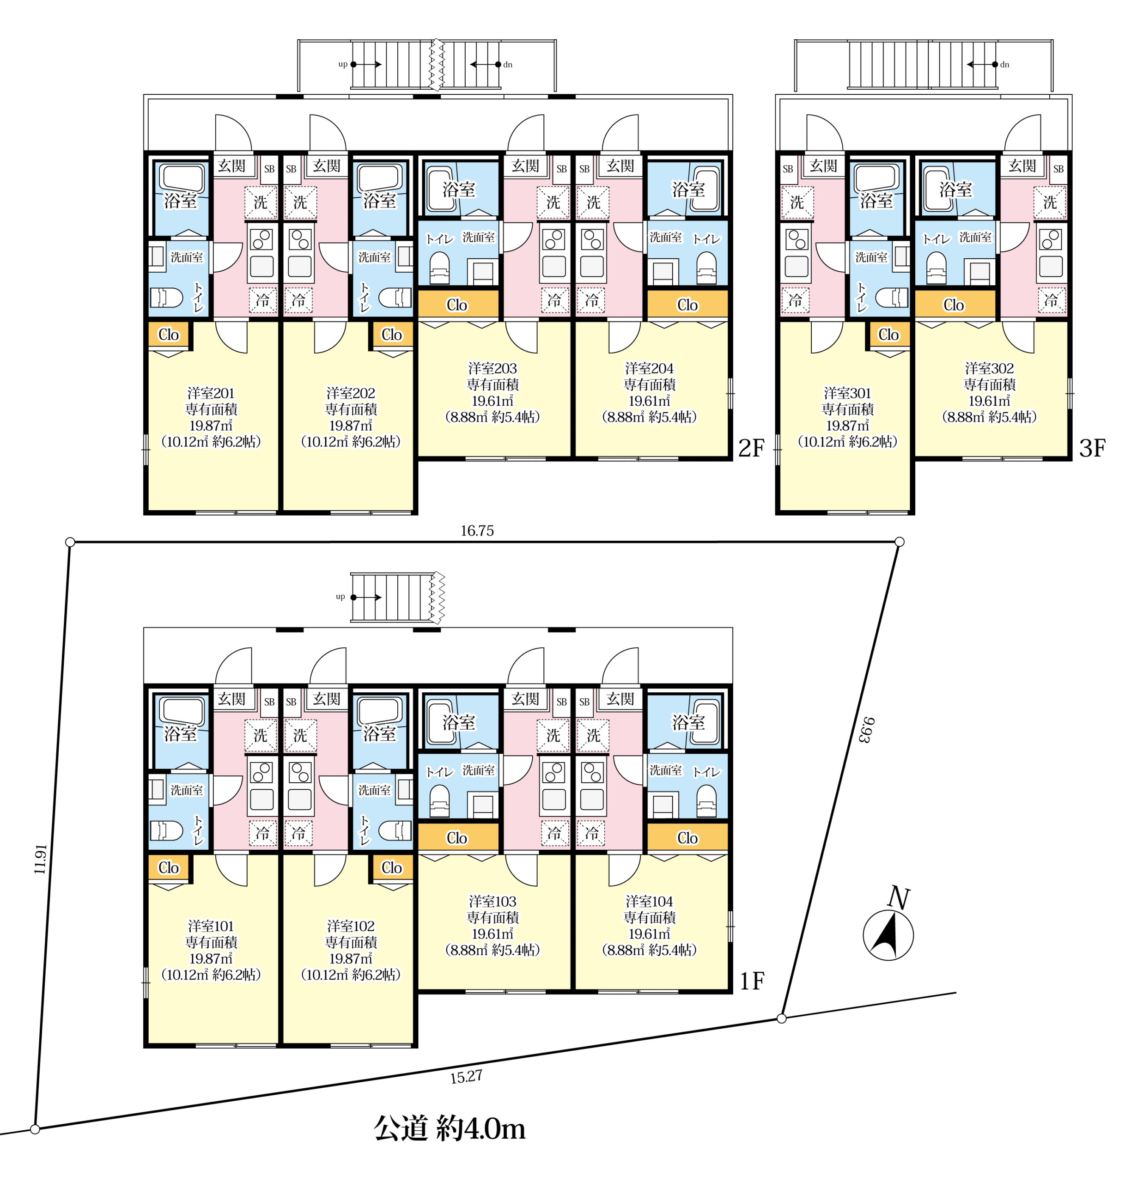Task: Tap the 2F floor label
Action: coord(751,448)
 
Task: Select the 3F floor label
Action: coord(1092,448)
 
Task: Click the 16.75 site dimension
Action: coord(477,531)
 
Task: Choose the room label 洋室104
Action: coord(649,902)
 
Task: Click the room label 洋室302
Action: coord(989,368)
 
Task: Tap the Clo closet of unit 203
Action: coord(457,305)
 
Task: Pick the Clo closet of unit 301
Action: coord(888,335)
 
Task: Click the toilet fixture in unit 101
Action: coord(166,831)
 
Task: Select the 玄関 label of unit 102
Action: coord(327,699)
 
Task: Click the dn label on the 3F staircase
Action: coord(1004,65)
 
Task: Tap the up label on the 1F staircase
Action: coord(340,597)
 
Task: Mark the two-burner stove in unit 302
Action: coord(1050,239)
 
